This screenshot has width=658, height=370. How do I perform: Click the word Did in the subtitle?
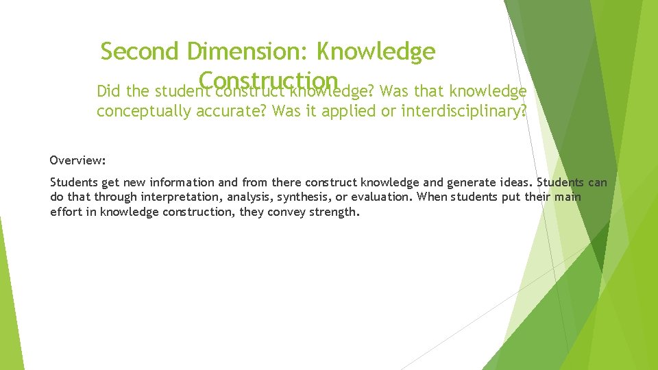108,92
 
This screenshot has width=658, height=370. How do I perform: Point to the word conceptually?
144,112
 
